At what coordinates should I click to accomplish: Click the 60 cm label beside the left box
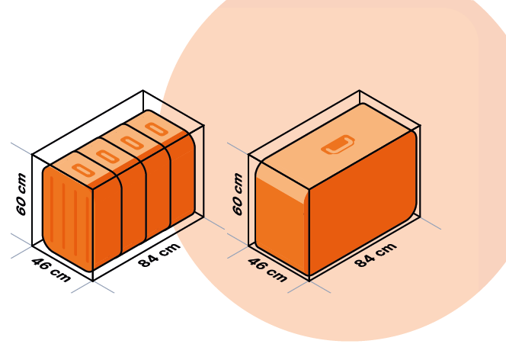click(21, 194)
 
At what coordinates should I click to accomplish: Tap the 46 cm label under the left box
click(51, 270)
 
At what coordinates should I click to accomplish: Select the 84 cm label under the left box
click(159, 255)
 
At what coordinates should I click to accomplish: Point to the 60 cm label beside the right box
click(237, 194)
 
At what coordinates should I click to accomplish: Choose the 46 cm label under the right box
click(267, 270)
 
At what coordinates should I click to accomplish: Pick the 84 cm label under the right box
click(375, 255)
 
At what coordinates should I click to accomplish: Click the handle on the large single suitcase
click(338, 144)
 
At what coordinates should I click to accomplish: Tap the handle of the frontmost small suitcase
click(83, 170)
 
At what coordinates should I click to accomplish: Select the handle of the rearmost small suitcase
click(156, 129)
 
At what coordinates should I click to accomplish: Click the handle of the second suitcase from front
click(107, 156)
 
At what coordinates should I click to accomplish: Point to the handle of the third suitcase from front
click(132, 143)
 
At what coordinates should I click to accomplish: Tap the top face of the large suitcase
click(335, 145)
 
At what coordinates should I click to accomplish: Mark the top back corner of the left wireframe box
click(143, 91)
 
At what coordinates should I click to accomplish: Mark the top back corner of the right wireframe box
click(359, 91)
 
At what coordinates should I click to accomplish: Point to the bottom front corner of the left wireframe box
click(93, 281)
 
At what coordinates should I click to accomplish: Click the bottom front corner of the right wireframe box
click(309, 281)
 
